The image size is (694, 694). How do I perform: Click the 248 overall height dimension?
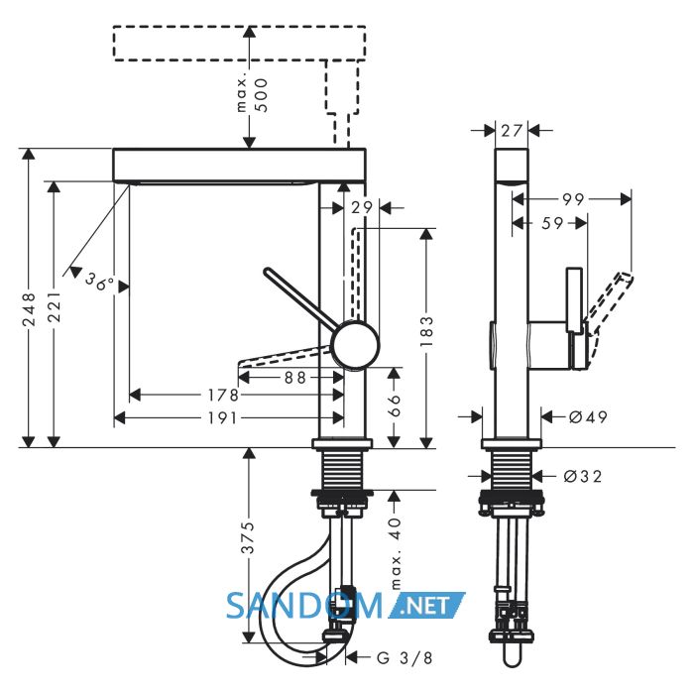[29, 309]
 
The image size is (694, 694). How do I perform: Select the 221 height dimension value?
[54, 306]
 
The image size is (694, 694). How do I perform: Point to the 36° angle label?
[99, 281]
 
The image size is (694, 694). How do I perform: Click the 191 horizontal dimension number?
[223, 417]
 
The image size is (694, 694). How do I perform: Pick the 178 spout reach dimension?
[223, 395]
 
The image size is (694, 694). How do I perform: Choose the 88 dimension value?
[295, 378]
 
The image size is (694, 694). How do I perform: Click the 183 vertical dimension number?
[426, 331]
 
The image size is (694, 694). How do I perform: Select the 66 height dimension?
[394, 405]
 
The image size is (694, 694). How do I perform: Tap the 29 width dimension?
[362, 207]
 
